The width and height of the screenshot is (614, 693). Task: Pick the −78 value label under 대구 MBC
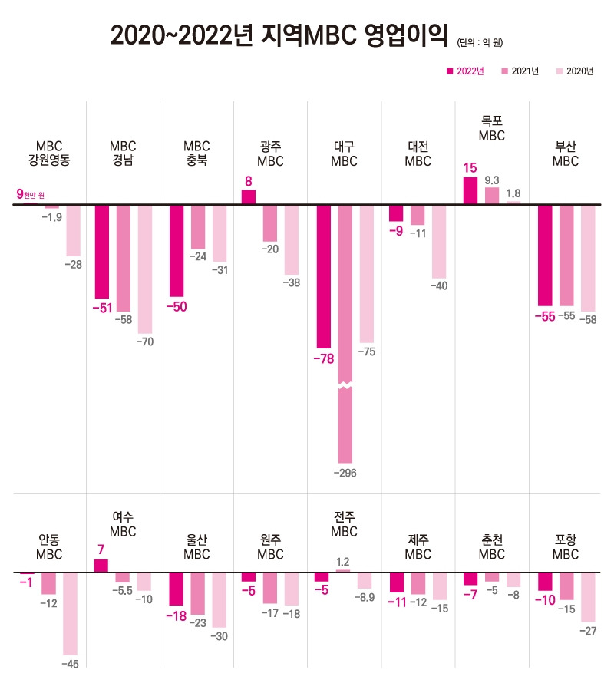tap(324, 358)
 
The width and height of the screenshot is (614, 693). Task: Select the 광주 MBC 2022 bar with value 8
tap(249, 197)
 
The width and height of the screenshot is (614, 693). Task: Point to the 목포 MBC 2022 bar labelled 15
tap(470, 191)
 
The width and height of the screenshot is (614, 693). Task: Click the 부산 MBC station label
tap(566, 153)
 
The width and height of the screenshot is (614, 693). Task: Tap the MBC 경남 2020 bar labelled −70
tap(145, 269)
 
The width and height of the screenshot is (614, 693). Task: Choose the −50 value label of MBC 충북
tap(177, 306)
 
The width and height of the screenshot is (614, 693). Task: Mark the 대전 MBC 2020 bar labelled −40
tap(439, 241)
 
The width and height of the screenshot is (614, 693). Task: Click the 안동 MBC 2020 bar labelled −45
tap(70, 614)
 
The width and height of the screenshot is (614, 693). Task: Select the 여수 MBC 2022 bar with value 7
tap(101, 566)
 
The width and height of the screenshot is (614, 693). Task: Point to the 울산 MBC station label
tap(197, 546)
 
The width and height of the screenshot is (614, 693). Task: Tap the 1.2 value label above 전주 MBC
tap(343, 561)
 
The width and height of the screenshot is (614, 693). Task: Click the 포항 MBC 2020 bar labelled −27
tap(588, 596)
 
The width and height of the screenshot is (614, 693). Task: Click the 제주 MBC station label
tap(418, 546)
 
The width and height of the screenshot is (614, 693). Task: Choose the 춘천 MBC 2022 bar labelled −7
tap(470, 579)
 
